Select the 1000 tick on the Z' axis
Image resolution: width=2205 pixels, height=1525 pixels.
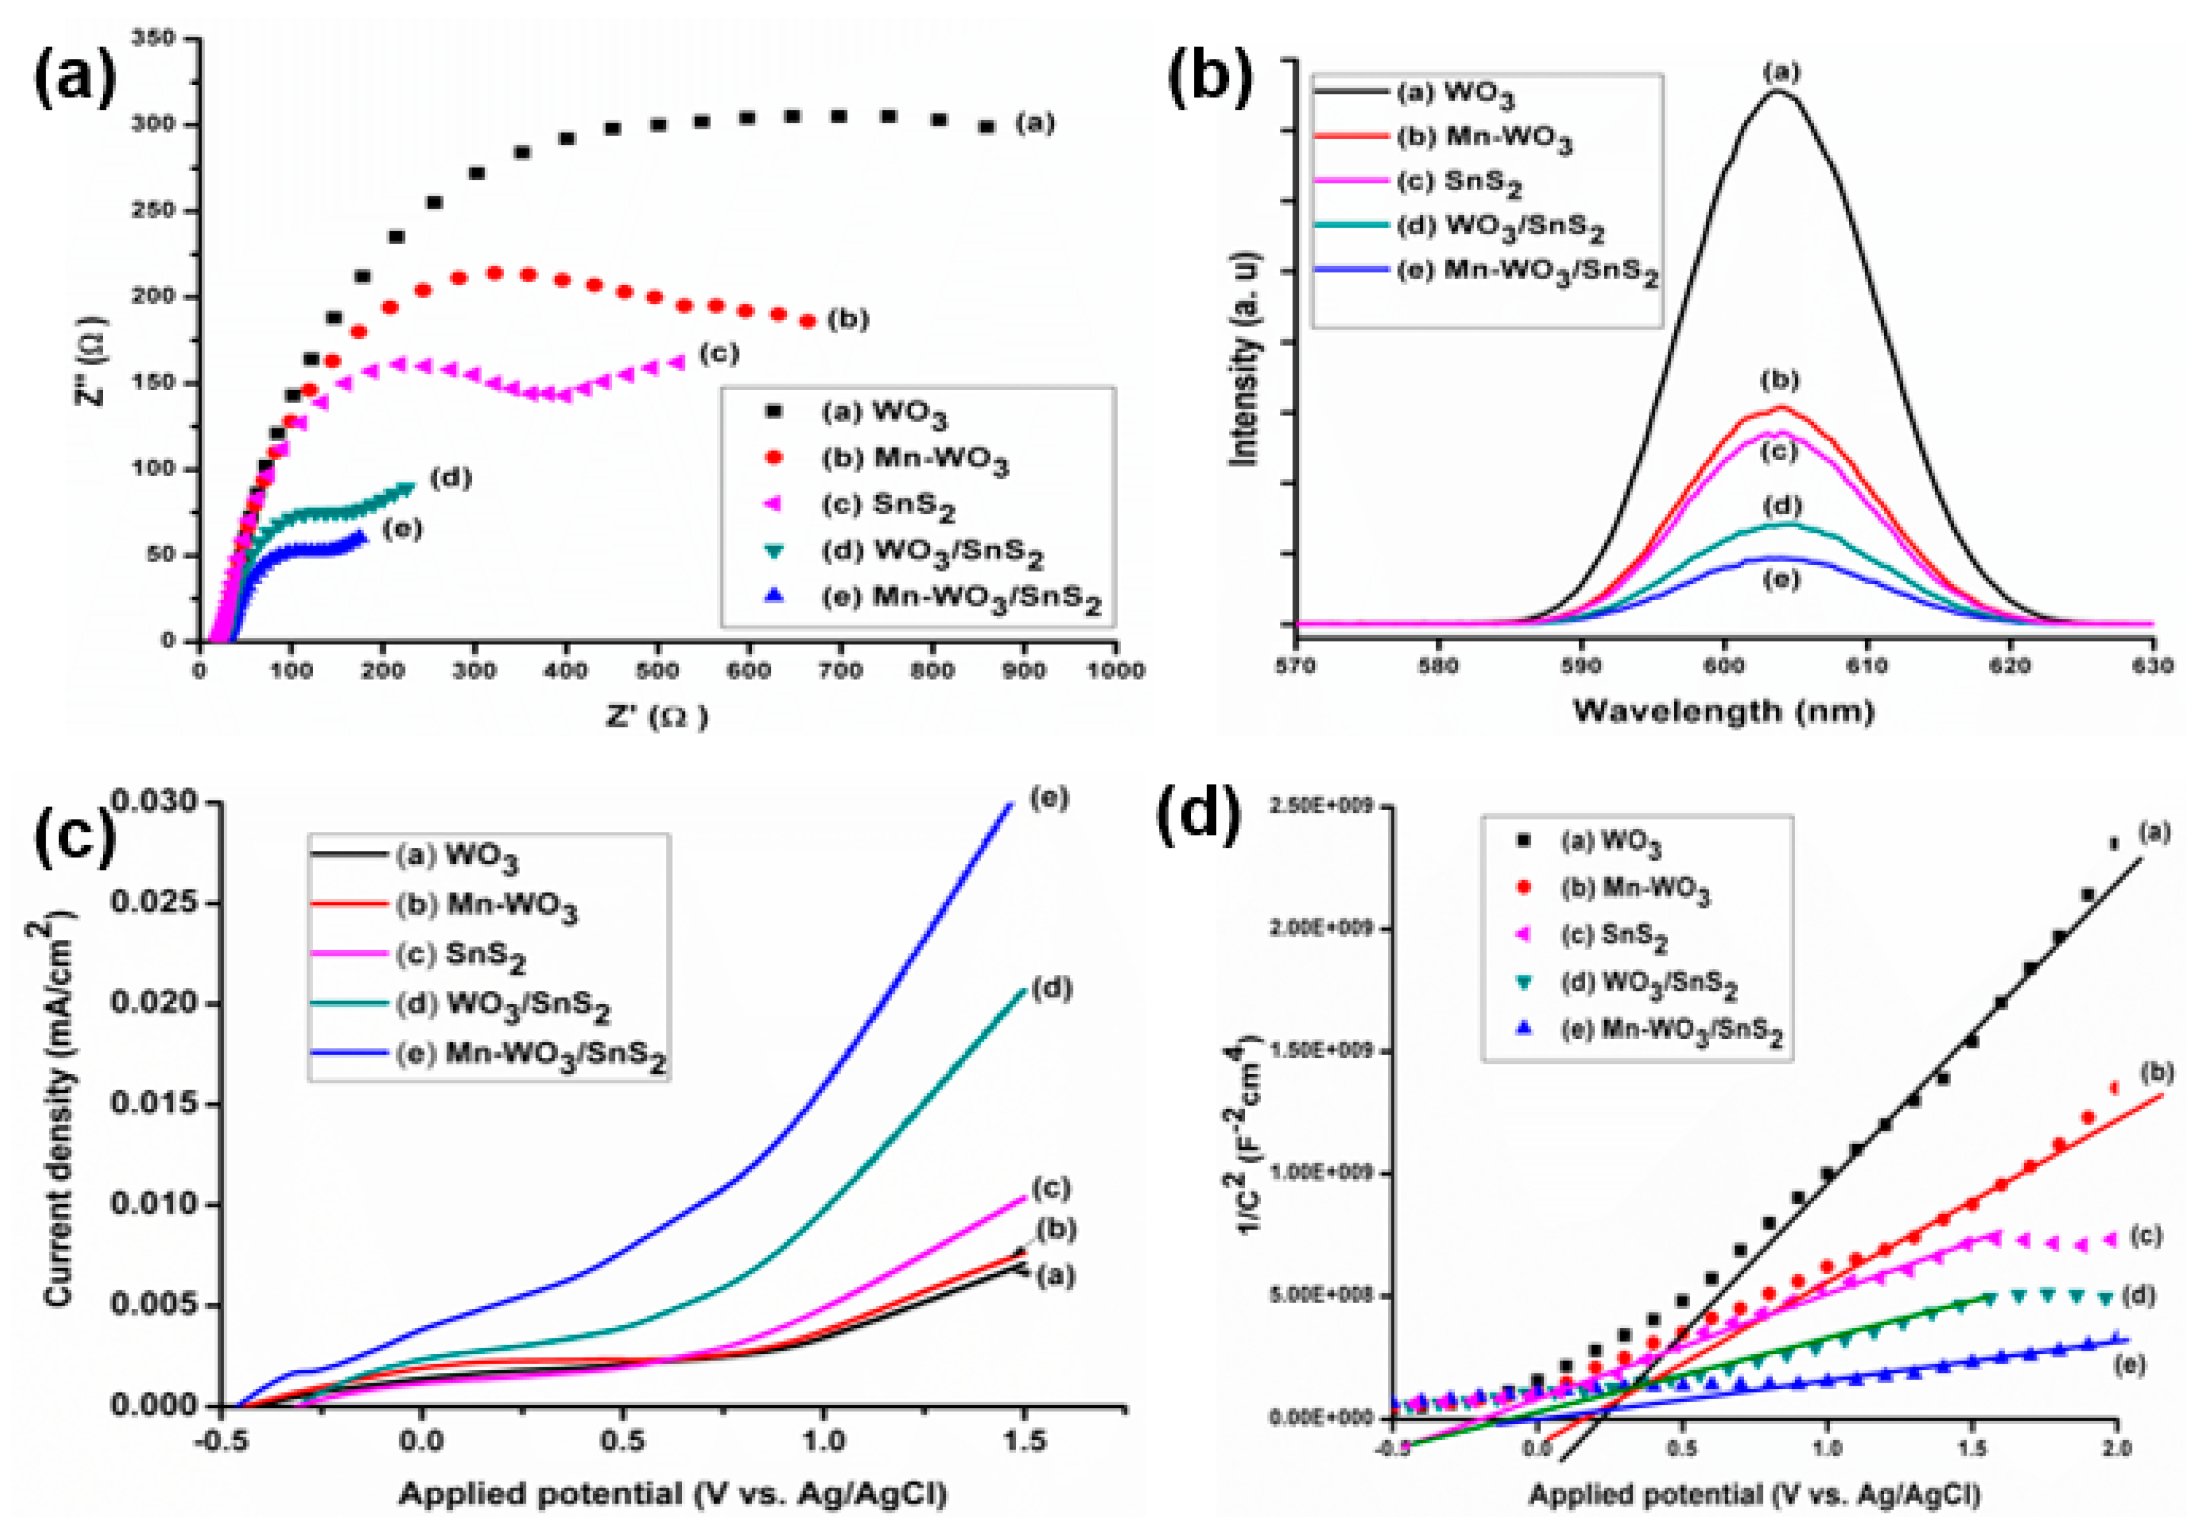pos(1114,671)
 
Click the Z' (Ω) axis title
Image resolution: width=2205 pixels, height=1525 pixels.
pos(658,717)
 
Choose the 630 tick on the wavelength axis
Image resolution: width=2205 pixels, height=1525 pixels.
pos(2152,666)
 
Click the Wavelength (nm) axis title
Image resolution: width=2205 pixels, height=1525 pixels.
pos(1723,711)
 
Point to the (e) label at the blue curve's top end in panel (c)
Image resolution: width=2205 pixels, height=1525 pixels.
pos(1049,798)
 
